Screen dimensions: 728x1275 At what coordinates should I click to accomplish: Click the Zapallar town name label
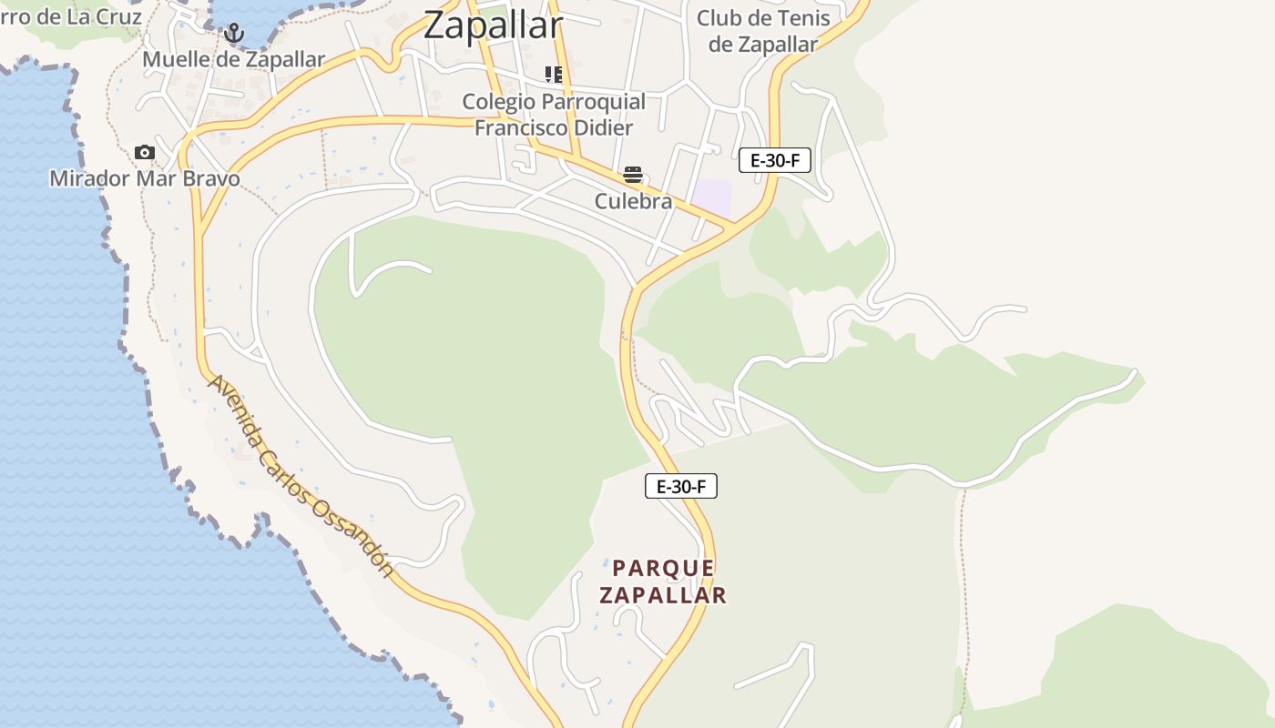click(494, 25)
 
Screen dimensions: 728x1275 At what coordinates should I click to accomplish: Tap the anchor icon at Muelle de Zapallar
click(234, 34)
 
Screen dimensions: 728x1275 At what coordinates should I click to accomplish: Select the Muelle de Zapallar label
click(234, 59)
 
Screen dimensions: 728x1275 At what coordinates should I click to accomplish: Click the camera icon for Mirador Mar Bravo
click(144, 152)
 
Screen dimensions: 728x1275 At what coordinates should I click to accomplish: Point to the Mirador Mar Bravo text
click(145, 177)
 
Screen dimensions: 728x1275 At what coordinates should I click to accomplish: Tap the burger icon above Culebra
click(633, 175)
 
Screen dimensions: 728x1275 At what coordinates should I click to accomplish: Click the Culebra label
click(633, 201)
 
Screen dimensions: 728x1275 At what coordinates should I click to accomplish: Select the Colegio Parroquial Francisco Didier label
click(554, 114)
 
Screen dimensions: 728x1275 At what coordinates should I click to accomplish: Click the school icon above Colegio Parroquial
click(553, 74)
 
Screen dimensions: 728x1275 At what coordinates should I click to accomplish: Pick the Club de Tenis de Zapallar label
click(763, 30)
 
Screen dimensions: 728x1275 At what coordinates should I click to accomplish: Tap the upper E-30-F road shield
click(774, 161)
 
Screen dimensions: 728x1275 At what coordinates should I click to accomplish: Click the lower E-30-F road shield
click(681, 487)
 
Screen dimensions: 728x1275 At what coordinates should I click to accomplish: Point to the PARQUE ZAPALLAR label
click(664, 581)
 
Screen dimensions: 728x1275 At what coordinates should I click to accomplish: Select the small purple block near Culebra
click(711, 198)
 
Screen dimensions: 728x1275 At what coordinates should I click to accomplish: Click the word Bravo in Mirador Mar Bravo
click(211, 177)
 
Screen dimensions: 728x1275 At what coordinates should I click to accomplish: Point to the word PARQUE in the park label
click(664, 568)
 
